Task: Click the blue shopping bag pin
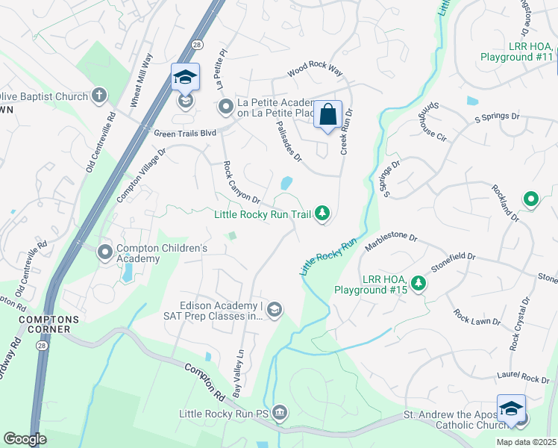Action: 327,115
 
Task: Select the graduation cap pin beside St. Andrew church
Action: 511,410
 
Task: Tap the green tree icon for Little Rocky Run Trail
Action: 322,214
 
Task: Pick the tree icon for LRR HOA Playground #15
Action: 419,283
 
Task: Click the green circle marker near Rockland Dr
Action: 530,199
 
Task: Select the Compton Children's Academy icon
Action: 104,252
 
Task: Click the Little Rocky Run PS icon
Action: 279,412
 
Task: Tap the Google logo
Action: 25,439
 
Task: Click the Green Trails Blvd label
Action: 184,134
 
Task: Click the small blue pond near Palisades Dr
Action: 286,183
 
